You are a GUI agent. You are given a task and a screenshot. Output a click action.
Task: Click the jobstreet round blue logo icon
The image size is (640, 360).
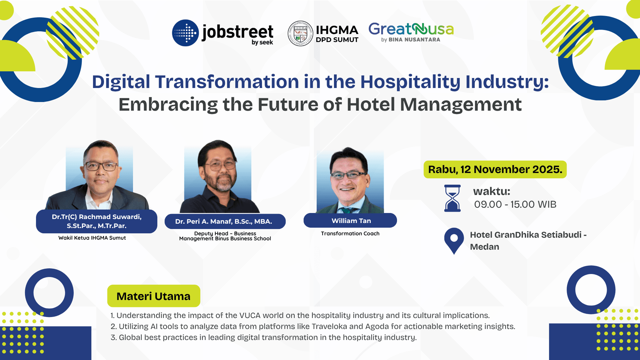pos(185,33)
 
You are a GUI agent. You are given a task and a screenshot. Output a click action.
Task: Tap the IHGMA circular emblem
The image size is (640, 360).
pos(300,33)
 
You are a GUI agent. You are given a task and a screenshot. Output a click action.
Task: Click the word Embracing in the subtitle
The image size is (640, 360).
pos(168,105)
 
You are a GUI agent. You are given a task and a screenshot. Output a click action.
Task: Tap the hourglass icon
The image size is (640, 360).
pos(452,198)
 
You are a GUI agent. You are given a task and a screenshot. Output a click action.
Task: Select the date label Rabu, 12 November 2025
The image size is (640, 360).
pos(495,169)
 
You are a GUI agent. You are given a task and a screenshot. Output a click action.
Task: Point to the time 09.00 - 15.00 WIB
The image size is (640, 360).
pos(515,204)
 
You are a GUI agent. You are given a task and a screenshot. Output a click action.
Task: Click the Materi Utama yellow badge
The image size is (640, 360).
pos(154,296)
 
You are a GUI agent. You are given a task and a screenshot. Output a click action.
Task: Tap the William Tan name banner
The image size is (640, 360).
pos(350,221)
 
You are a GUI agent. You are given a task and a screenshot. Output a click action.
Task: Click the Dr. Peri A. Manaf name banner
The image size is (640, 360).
pos(225,221)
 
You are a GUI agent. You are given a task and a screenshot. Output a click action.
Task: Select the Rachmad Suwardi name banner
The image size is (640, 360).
pos(97,221)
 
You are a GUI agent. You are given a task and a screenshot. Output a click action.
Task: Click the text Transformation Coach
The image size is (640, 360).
pos(350,234)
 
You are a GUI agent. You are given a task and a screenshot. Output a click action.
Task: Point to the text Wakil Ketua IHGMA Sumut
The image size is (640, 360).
pos(92,238)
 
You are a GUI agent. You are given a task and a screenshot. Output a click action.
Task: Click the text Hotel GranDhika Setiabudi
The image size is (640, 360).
pos(526,235)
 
